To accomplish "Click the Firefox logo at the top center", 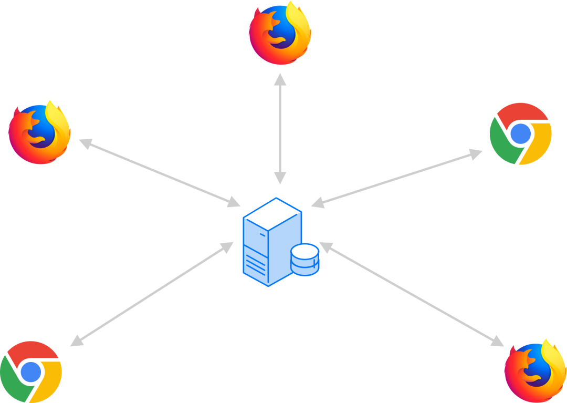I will coord(280,34).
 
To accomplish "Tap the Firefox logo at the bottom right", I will coord(535,371).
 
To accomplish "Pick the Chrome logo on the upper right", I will coord(520,133).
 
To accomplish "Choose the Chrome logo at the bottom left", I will coord(31,372).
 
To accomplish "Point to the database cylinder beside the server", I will coord(305,259).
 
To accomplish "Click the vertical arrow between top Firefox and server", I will coord(280,129).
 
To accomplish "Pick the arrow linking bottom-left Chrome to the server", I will coord(152,294).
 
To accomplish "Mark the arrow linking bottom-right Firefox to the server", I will coord(412,294).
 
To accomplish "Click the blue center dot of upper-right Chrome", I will coord(520,133).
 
